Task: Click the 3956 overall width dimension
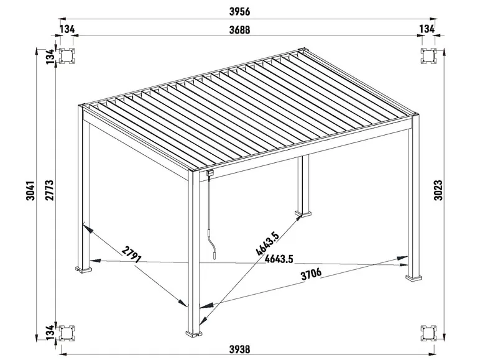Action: pos(239,11)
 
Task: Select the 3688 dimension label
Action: pos(239,29)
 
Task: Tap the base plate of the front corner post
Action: pos(195,334)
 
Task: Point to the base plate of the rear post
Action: pos(305,215)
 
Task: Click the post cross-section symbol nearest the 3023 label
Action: pos(428,57)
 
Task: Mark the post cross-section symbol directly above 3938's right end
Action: pos(428,333)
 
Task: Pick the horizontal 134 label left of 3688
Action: pos(69,29)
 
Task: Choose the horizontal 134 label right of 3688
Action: pos(427,29)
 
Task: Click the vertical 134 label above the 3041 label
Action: pos(50,57)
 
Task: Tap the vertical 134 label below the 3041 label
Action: pos(50,333)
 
